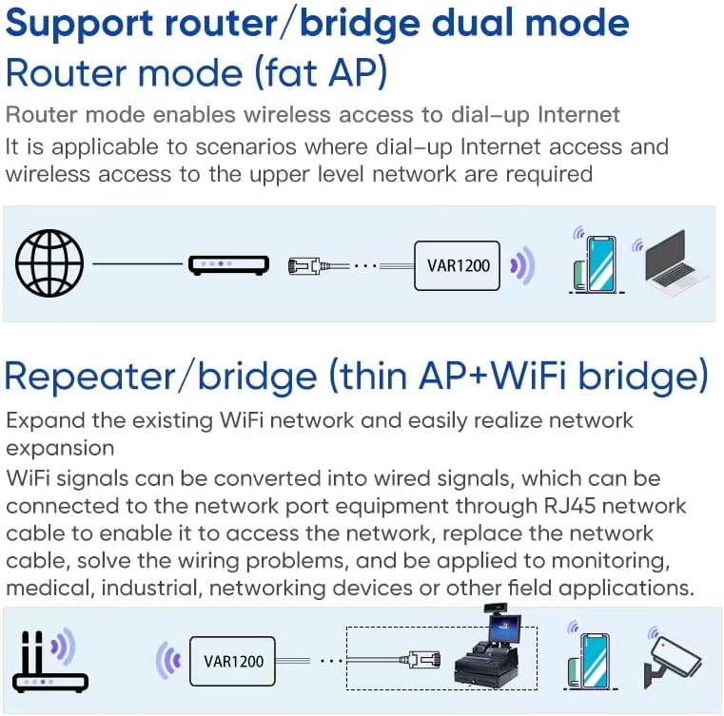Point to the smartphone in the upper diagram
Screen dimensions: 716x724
tap(597, 263)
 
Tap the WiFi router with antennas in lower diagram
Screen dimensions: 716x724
tap(48, 659)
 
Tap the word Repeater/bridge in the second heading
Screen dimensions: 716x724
tap(161, 377)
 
